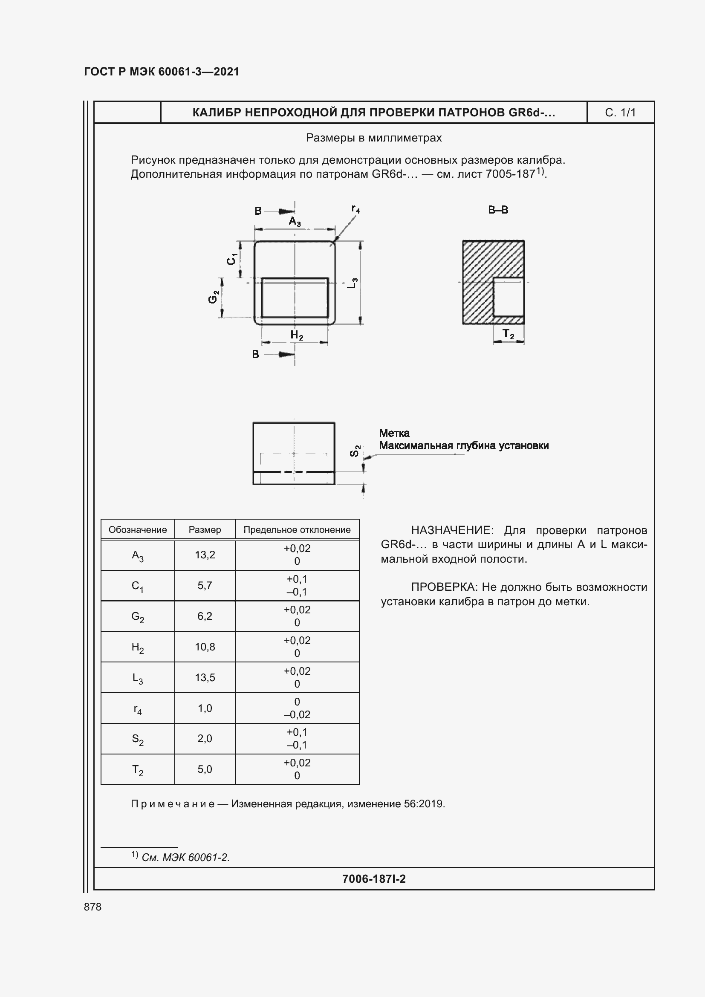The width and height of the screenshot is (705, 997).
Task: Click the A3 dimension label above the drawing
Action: pyautogui.click(x=295, y=222)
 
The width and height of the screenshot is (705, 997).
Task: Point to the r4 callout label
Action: pyautogui.click(x=355, y=209)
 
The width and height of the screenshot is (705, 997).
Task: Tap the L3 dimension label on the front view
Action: pyautogui.click(x=353, y=283)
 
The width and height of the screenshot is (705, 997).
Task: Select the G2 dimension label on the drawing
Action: pyautogui.click(x=213, y=297)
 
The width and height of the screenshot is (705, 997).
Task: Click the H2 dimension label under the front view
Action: pyautogui.click(x=297, y=335)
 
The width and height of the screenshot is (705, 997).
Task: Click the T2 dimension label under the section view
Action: pyautogui.click(x=508, y=334)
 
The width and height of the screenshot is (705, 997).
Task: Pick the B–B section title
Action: pyautogui.click(x=498, y=210)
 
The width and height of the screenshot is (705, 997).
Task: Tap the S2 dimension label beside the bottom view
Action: pyautogui.click(x=355, y=451)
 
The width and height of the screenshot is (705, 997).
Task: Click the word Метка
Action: pyautogui.click(x=394, y=433)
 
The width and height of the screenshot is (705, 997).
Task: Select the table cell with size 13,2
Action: pyautogui.click(x=205, y=555)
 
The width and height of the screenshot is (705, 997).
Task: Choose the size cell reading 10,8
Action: pyautogui.click(x=205, y=647)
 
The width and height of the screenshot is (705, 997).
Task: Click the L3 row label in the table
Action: pyautogui.click(x=138, y=678)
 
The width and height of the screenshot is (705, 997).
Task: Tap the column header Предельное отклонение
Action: pyautogui.click(x=297, y=530)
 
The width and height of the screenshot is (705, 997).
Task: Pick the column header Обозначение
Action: pyautogui.click(x=138, y=530)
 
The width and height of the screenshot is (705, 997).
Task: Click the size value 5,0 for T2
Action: pyautogui.click(x=205, y=769)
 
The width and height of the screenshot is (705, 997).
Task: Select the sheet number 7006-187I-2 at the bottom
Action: pyautogui.click(x=374, y=879)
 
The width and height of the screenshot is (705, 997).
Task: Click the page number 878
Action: pyautogui.click(x=92, y=907)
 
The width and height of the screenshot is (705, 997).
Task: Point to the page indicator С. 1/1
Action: pyautogui.click(x=620, y=113)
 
